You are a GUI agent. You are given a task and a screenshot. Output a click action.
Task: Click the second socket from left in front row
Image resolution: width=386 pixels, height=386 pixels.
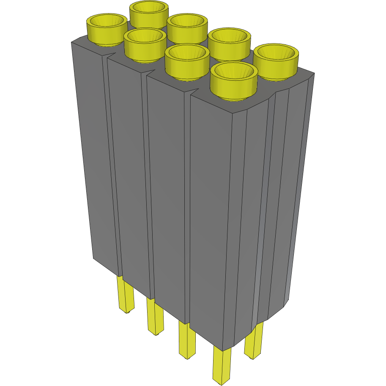(145, 44)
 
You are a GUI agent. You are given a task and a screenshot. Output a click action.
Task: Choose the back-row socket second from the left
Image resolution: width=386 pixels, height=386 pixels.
(187, 28)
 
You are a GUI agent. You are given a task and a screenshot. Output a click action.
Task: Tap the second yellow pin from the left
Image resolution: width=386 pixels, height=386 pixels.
(155, 317)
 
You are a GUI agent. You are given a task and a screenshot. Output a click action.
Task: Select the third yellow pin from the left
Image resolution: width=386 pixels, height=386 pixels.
(187, 340)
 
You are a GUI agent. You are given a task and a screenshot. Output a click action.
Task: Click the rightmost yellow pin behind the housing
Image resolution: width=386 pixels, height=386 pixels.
(255, 341)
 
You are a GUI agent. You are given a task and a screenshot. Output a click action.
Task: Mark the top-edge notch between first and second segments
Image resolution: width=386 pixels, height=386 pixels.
(106, 57)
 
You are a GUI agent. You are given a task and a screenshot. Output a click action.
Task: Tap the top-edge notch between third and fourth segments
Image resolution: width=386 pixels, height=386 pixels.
(192, 93)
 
